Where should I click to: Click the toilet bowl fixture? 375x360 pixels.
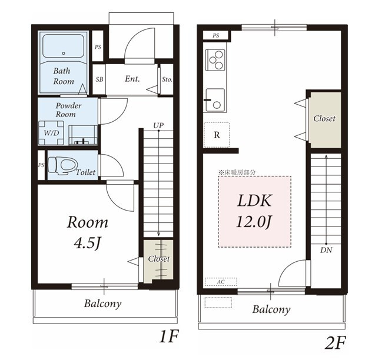click(63, 165)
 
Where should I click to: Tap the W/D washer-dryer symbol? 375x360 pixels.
click(51, 133)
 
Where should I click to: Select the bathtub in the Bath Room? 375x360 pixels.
click(63, 46)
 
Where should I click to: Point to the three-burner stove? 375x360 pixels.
click(215, 60)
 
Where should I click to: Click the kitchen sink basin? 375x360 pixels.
click(215, 100)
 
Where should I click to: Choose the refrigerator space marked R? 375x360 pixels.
click(217, 135)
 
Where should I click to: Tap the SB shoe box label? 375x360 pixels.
click(99, 79)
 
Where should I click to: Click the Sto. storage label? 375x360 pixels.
click(167, 79)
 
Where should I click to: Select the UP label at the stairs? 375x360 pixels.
click(158, 125)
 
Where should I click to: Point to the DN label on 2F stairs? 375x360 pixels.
click(327, 250)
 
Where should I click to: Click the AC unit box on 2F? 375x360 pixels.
click(221, 282)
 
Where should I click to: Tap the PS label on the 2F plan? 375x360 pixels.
click(215, 36)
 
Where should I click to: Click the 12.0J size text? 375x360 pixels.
click(254, 222)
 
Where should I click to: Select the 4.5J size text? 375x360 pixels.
click(87, 244)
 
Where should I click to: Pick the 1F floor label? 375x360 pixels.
click(169, 336)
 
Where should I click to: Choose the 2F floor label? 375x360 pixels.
click(335, 343)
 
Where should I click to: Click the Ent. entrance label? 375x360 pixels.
click(132, 79)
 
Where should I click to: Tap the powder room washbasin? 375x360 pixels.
click(83, 135)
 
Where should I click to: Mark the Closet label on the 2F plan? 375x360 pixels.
click(324, 118)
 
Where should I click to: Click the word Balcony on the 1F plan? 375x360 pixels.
click(102, 304)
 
